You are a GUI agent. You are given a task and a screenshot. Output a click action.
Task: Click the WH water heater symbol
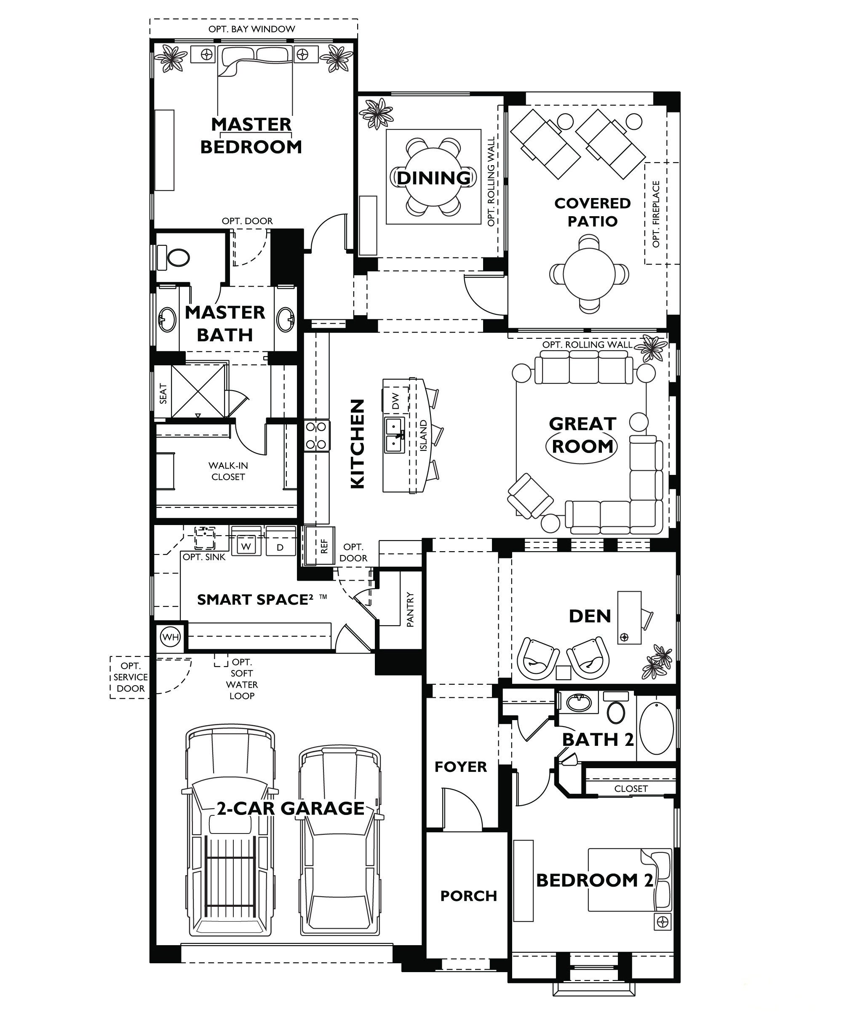tap(170, 637)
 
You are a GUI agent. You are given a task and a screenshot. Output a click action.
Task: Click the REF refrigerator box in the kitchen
tap(323, 546)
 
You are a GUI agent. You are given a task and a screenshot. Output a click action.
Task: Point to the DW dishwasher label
tap(395, 400)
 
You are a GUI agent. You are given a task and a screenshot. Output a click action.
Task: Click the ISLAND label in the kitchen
tap(423, 436)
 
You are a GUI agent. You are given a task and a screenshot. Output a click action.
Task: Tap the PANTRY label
tap(410, 610)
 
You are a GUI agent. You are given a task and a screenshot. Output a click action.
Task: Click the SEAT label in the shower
tap(163, 394)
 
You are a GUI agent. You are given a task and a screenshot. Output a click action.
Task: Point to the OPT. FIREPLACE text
tap(656, 214)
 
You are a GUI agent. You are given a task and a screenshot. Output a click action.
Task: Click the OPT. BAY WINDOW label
tap(251, 29)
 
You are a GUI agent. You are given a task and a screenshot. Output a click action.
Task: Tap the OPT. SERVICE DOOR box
tap(130, 677)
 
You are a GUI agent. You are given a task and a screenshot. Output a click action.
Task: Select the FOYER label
tap(460, 766)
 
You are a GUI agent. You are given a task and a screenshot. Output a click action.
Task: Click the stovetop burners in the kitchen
tap(317, 435)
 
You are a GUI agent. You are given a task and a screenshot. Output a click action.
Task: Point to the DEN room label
tap(590, 616)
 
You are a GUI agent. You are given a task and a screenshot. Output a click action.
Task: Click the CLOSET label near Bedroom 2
tap(631, 789)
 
